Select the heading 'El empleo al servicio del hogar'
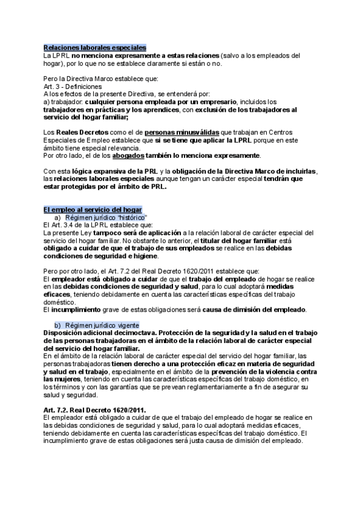pos(93,209)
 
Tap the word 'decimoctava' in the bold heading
pos(134,333)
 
